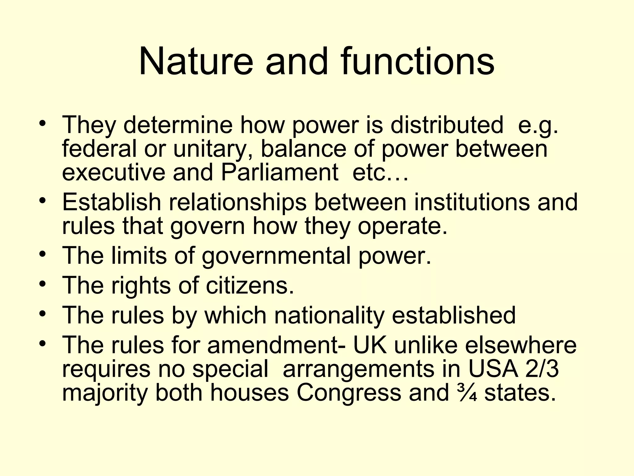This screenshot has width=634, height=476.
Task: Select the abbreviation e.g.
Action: pyautogui.click(x=538, y=126)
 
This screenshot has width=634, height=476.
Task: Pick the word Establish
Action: pyautogui.click(x=111, y=202)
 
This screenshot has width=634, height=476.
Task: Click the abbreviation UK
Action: pyautogui.click(x=370, y=345)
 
